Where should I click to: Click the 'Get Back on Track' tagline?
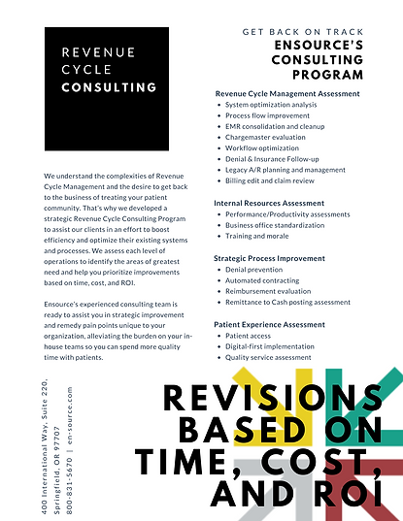point(303,32)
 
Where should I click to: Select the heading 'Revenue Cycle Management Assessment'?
point(286,93)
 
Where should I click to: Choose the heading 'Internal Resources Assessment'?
point(270,203)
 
